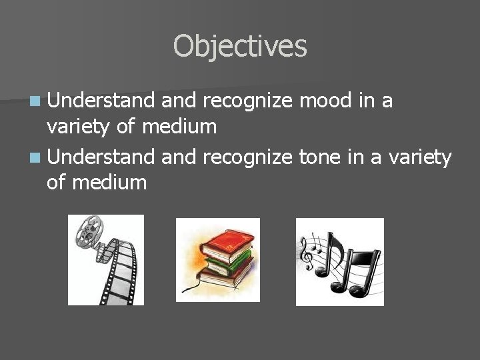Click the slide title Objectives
[x=240, y=47]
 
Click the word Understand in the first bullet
[x=100, y=101]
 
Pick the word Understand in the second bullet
[x=100, y=157]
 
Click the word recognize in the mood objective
[x=247, y=101]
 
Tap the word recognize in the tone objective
[x=247, y=157]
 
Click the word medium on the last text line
[x=108, y=182]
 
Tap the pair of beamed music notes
[x=360, y=267]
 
